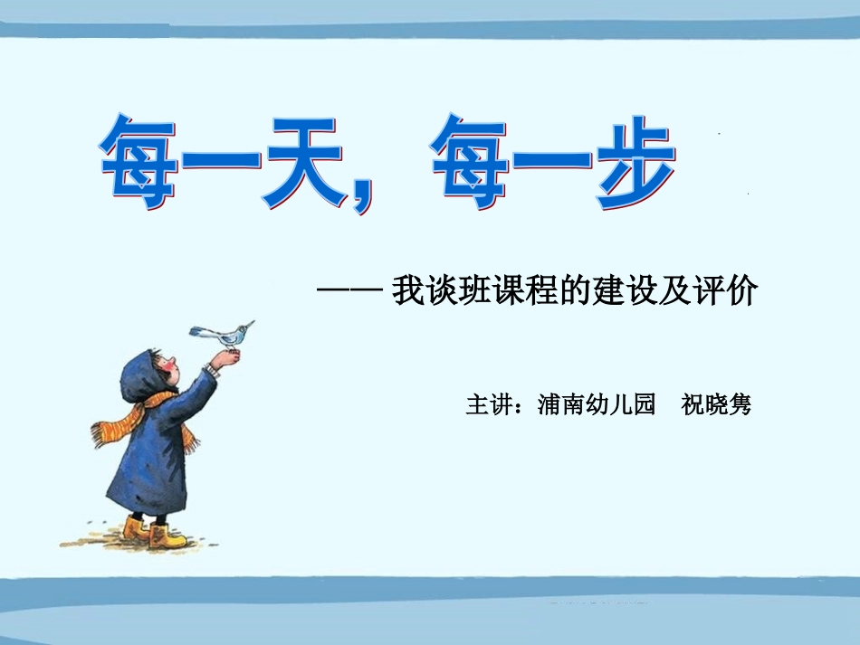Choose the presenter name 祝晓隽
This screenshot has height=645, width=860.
click(716, 403)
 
